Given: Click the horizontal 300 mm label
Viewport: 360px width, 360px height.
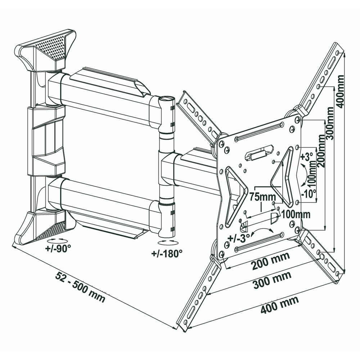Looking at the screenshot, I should coord(272,280).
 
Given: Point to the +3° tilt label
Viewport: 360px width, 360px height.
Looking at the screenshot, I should coord(307,157).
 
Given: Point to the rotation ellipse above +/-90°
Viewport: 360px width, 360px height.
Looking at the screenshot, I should coord(58,239).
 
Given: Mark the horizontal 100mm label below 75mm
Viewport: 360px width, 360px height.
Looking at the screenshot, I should coord(296,215).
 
